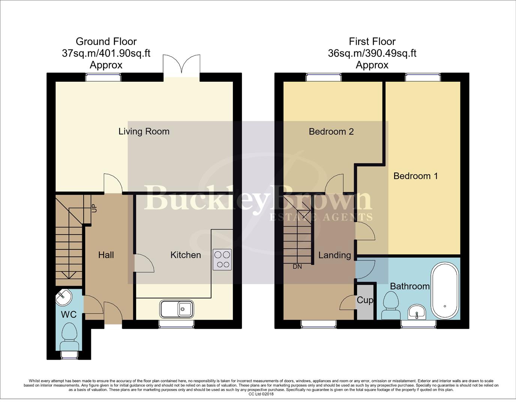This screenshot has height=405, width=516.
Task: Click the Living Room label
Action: (144, 132)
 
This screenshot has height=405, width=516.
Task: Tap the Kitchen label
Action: (186, 255)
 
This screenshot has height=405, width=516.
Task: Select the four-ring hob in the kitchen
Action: (222, 259)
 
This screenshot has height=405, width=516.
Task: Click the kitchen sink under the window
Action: (177, 309)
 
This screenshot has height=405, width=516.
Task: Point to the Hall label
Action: (106, 255)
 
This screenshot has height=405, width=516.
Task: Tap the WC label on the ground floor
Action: (69, 315)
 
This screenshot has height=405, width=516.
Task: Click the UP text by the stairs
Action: (94, 208)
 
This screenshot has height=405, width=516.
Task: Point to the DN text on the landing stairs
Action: (297, 267)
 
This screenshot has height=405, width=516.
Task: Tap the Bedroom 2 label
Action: (331, 132)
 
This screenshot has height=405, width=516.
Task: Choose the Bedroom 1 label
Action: (415, 176)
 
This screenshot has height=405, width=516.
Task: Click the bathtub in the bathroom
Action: (445, 290)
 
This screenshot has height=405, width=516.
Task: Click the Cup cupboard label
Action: (365, 300)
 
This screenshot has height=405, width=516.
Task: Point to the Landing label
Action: (334, 255)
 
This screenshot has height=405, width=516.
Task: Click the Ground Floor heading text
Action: (106, 41)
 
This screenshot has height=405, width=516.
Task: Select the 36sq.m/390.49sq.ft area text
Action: (372, 53)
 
